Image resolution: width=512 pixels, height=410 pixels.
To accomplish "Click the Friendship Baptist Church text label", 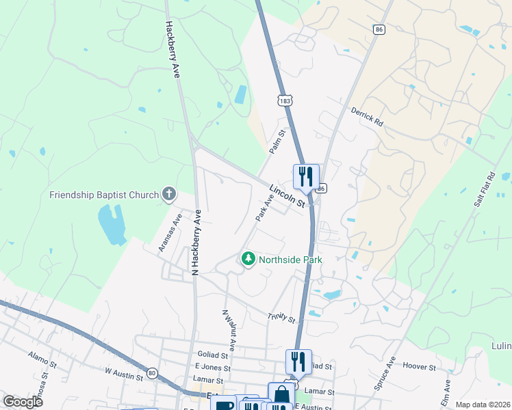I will (x=104, y=195).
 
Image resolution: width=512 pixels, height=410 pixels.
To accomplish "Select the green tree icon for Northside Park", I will (x=247, y=259).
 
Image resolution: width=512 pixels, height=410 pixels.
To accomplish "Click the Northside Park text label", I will (x=290, y=260).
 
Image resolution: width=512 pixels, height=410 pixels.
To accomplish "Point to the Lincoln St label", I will (x=286, y=195).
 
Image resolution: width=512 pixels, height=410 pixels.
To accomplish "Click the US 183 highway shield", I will (x=285, y=100).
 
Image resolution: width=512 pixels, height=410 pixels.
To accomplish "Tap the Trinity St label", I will (x=281, y=318).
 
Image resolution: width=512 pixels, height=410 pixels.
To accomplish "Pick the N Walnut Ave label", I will (x=228, y=330).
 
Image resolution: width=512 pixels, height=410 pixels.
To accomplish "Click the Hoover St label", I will (x=418, y=367).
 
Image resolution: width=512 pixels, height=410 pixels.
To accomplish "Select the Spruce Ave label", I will (x=385, y=372).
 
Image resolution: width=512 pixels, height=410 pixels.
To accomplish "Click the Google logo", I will (x=23, y=402).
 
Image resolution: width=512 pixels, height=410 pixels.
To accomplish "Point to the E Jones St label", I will (x=209, y=367).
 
